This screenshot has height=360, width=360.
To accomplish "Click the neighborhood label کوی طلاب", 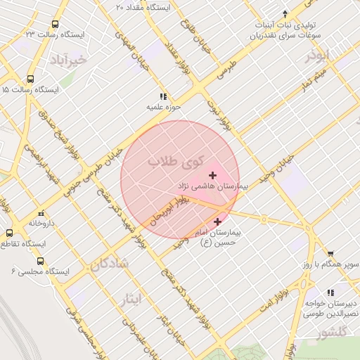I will tap(174, 162).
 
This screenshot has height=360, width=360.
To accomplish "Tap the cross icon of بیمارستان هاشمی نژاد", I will tap(213, 175).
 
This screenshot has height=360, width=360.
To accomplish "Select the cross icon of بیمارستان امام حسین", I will tap(217, 221).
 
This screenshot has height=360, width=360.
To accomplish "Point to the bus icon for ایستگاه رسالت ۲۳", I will tap(56, 23).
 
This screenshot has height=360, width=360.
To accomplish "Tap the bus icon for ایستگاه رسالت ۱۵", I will tap(30, 79).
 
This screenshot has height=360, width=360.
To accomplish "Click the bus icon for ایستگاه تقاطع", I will tap(10, 233).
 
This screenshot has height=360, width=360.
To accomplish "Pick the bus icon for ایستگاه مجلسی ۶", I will tap(40, 261).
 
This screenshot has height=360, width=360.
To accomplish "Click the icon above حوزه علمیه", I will tap(163, 96).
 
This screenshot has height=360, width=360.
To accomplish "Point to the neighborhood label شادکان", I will tap(110, 264).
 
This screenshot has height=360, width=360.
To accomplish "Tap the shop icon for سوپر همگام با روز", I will tap(330, 254).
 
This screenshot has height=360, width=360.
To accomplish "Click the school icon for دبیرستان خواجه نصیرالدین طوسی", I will tap(330, 292).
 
